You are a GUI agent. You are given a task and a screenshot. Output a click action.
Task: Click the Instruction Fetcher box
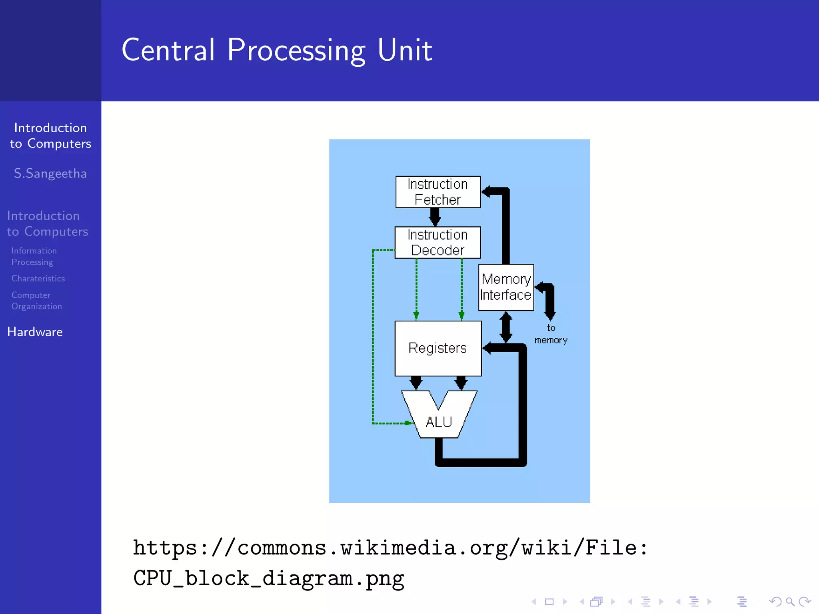tap(438, 192)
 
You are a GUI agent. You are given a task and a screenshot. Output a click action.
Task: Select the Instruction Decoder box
tap(437, 243)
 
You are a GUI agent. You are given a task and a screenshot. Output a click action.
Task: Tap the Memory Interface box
tap(506, 287)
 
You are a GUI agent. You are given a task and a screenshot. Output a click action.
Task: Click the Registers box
tap(438, 348)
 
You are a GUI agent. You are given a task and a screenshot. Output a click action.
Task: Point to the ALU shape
tap(439, 422)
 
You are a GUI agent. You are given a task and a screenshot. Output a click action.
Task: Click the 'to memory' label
tap(551, 334)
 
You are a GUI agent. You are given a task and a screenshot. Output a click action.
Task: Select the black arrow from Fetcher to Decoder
tap(435, 217)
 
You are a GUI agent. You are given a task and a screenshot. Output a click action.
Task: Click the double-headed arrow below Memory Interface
tap(506, 327)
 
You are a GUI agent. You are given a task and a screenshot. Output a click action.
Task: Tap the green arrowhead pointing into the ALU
tap(408, 423)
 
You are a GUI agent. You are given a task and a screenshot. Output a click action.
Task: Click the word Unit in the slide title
tap(405, 50)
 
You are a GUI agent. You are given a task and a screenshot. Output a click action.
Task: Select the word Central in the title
tap(168, 50)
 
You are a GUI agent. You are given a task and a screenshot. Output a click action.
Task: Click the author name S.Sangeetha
tap(50, 173)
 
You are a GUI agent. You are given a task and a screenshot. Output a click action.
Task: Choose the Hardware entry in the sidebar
tap(35, 332)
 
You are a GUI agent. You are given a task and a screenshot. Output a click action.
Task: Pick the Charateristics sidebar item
tap(38, 279)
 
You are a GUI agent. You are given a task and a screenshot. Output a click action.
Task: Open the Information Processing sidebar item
tap(34, 256)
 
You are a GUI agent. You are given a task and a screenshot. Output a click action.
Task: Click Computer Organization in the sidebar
tap(36, 301)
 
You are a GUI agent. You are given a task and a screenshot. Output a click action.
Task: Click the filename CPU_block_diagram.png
tap(269, 578)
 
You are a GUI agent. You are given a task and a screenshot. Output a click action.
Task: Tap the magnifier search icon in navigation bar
tap(790, 602)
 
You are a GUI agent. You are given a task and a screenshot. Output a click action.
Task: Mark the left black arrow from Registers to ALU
tap(416, 383)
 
